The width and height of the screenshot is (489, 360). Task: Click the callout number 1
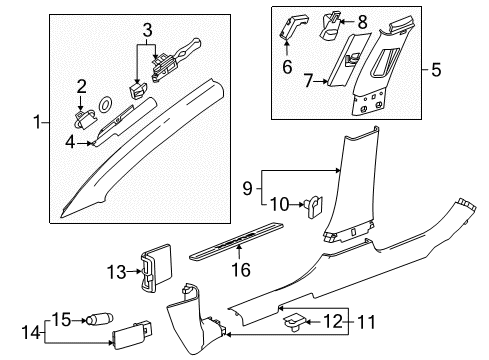point(38,123)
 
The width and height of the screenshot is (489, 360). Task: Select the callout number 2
point(83,88)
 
